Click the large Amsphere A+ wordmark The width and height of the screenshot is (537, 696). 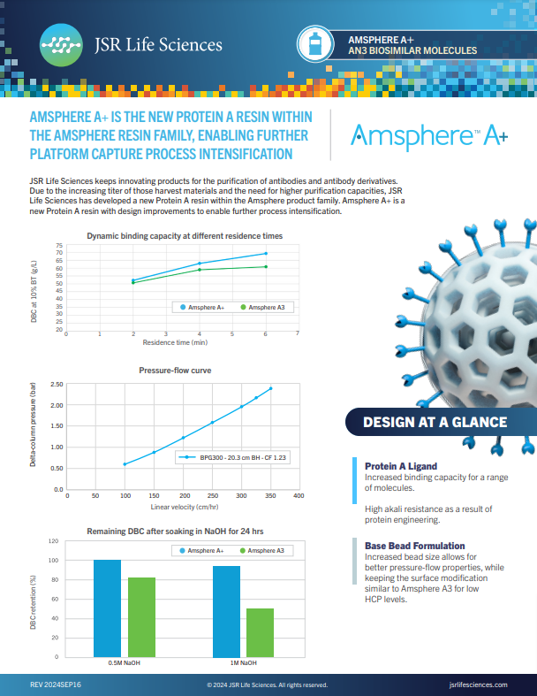428,135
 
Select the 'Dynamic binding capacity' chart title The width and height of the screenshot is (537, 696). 185,236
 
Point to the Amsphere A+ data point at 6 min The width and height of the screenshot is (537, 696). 266,254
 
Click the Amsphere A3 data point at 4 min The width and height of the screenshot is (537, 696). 200,269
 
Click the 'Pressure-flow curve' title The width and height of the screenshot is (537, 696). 175,371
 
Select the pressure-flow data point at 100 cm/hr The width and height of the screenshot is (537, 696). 125,463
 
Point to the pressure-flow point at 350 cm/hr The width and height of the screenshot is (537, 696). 270,388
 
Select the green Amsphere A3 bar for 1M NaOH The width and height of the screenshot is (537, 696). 260,631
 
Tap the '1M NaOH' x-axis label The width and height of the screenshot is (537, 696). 244,662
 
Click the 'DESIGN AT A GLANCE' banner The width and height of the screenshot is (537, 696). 437,422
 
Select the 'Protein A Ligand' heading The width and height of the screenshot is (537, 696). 401,466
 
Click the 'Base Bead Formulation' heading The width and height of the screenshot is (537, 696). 415,546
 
